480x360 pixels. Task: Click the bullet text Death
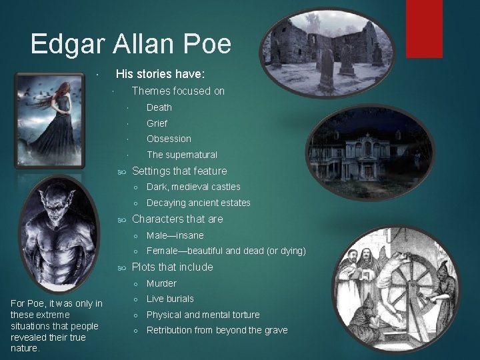tap(159, 107)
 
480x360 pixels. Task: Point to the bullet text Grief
tap(157, 123)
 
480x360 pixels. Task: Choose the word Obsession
tap(169, 139)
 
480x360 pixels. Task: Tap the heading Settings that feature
tap(179, 171)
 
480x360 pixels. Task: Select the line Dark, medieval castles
tap(193, 187)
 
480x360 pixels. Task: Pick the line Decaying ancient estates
tap(199, 203)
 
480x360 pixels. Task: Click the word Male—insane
tap(175, 235)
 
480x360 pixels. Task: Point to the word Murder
tap(161, 283)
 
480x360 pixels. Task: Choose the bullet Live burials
tap(170, 299)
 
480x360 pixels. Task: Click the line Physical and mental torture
tap(203, 315)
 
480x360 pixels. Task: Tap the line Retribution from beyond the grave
tap(217, 330)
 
